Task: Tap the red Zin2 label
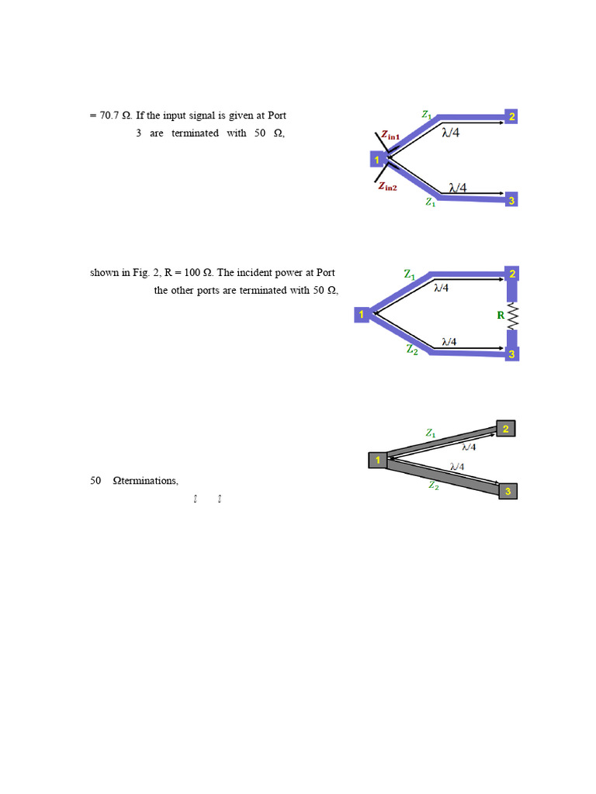point(387,186)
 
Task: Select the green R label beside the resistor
point(501,316)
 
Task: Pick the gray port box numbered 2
point(506,429)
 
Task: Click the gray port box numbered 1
point(377,461)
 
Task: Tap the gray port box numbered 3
point(508,492)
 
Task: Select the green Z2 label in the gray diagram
point(434,485)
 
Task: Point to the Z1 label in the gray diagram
point(431,433)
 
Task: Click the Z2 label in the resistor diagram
point(412,350)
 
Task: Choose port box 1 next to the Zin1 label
point(377,160)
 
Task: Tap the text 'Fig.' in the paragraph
point(151,273)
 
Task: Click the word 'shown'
point(105,273)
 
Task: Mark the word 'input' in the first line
point(172,116)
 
